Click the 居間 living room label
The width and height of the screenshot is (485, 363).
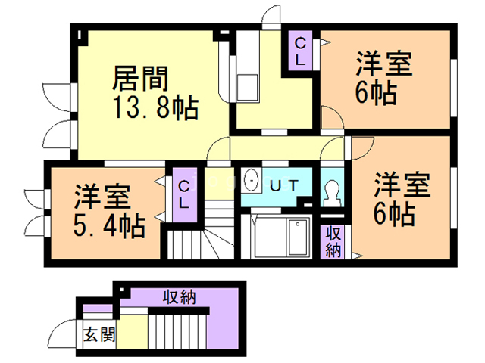tap(140, 79)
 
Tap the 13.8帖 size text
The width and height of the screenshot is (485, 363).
tap(156, 107)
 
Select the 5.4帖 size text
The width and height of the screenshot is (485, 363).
tap(109, 225)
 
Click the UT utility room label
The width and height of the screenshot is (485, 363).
tap(284, 186)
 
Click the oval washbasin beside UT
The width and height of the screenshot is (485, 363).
tap(251, 180)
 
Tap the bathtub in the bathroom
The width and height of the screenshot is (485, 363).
tap(298, 237)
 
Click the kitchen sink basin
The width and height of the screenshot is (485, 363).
tap(247, 88)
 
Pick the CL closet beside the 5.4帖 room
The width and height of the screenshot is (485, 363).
tap(185, 195)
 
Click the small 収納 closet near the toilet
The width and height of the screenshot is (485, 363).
tap(333, 242)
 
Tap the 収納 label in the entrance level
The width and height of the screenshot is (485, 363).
tap(180, 297)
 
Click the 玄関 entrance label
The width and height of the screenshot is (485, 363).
tap(99, 334)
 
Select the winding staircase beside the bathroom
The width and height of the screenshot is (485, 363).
tap(202, 234)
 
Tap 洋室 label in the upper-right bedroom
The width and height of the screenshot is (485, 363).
tap(384, 64)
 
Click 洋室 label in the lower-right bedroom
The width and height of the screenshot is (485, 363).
tap(402, 185)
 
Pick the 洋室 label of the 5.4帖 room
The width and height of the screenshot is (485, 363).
tap(102, 197)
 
